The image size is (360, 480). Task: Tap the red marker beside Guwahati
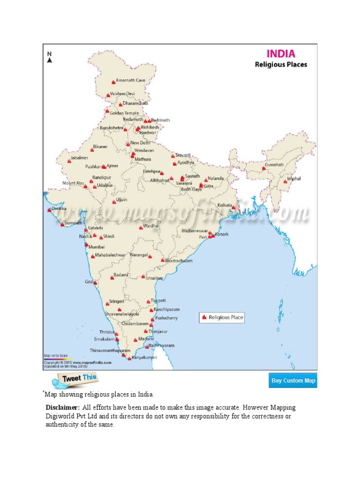click(x=263, y=168)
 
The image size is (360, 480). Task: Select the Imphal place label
click(x=294, y=179)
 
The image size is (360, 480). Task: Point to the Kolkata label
click(x=225, y=205)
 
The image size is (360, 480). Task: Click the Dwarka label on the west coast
click(x=59, y=208)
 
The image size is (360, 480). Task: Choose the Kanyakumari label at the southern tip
click(x=144, y=358)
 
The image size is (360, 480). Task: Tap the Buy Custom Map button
click(x=293, y=381)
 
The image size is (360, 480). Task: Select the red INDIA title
click(x=281, y=53)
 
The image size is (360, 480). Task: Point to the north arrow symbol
click(x=49, y=60)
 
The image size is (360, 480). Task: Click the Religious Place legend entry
click(x=226, y=317)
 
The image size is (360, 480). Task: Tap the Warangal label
click(x=138, y=255)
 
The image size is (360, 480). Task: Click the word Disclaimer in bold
click(x=62, y=407)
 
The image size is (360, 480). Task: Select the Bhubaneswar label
click(x=195, y=231)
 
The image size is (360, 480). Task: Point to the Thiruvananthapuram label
click(x=110, y=350)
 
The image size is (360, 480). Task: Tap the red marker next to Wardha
click(x=141, y=228)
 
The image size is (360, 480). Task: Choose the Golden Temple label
click(x=124, y=113)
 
